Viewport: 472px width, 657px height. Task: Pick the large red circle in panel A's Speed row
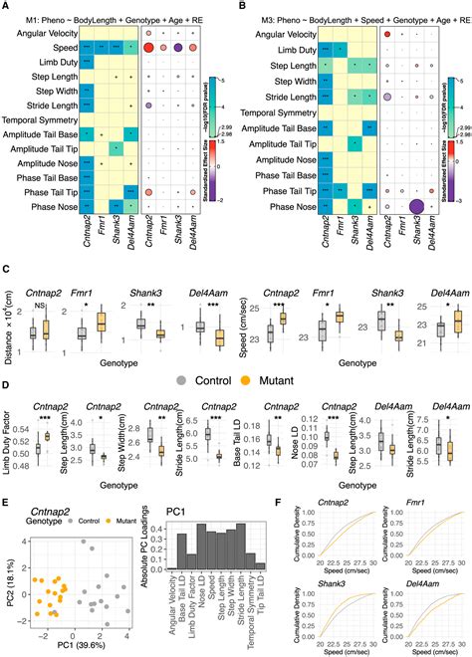(x=148, y=48)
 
